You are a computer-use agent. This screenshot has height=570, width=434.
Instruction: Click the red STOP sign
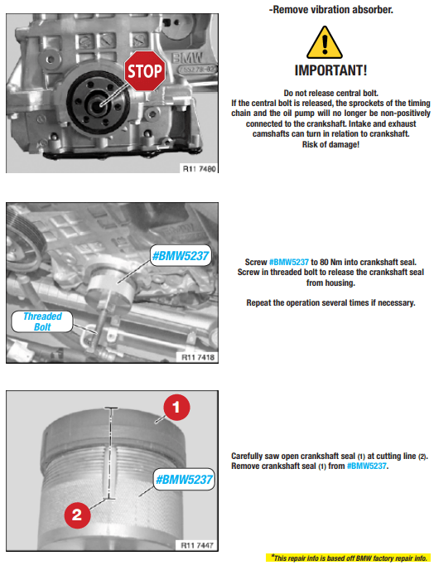tap(145, 71)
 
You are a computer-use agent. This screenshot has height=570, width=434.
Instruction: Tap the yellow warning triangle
tap(325, 43)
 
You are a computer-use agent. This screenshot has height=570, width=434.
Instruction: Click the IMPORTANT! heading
tap(330, 70)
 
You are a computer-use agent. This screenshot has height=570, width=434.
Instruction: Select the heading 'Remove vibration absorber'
tap(330, 9)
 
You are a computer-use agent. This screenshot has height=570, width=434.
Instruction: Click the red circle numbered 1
tap(176, 408)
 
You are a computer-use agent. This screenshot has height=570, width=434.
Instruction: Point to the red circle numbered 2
tap(77, 515)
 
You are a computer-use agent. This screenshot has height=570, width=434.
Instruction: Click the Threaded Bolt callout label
tap(42, 321)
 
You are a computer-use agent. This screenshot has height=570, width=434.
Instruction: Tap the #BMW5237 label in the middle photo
tap(181, 256)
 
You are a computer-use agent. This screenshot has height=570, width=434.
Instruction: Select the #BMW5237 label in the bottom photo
tap(184, 479)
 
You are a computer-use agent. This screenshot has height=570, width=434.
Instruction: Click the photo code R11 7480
tap(199, 169)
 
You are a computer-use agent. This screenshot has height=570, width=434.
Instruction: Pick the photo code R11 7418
tap(198, 357)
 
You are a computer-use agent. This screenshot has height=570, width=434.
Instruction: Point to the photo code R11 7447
tap(197, 545)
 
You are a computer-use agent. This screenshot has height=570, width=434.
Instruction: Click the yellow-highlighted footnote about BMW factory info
tap(349, 558)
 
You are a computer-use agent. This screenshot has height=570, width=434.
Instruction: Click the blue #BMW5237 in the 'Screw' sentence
tap(288, 262)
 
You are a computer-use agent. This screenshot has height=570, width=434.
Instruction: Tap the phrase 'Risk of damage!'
tap(330, 145)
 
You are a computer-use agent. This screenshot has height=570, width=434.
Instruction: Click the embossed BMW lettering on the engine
tap(187, 58)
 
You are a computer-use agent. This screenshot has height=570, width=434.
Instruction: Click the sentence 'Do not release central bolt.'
tap(330, 93)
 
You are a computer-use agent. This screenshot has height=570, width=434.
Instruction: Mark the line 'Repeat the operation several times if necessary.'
tap(330, 303)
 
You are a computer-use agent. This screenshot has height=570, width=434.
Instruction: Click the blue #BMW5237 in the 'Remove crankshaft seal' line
tap(366, 466)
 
